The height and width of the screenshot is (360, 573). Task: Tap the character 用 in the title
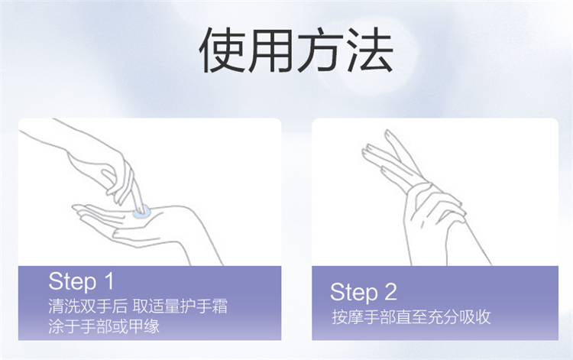point(270,50)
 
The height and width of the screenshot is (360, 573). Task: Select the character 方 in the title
point(320,50)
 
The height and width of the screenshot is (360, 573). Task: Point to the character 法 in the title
point(370,50)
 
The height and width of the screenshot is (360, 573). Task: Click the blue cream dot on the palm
point(141,212)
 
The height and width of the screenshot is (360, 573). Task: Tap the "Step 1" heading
point(81,281)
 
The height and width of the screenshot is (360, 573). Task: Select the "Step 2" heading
point(363,292)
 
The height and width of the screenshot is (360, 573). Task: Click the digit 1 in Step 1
point(109,281)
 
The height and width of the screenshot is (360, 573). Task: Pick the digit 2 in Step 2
point(390,292)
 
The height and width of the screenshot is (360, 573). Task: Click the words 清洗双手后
point(88,306)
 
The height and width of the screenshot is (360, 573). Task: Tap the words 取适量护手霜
point(180,306)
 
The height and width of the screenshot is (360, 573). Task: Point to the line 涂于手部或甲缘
point(104,326)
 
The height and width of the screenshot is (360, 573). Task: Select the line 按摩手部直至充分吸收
point(411,317)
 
